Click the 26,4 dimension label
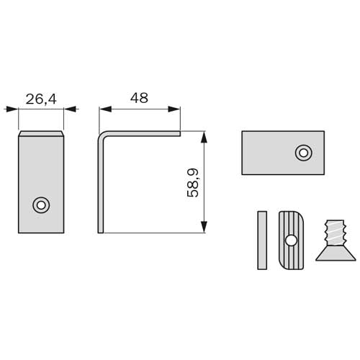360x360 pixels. pos(41,99)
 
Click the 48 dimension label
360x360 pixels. pos(139,98)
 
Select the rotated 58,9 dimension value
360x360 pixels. pos(193,183)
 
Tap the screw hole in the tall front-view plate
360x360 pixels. pos(41,205)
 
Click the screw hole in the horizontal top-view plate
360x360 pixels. pos(304,153)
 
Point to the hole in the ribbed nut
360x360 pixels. pos(291,240)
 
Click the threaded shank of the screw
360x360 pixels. pos(334,233)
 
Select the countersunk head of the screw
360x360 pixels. pos(336,253)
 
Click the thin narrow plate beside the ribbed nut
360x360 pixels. pos(262,240)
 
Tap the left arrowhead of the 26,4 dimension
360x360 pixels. pos(12,109)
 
